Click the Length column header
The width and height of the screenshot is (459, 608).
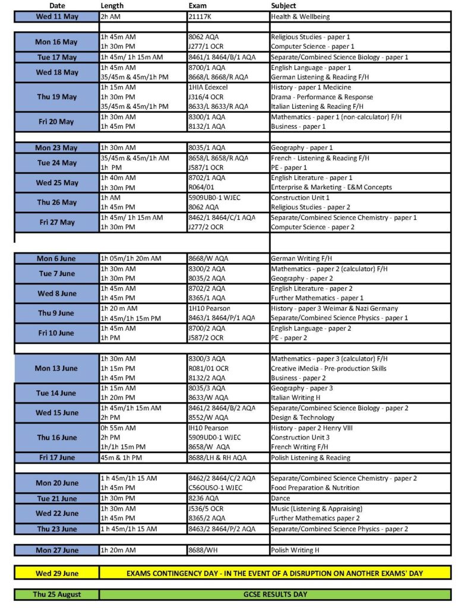(112, 5)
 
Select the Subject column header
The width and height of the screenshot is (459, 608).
(283, 5)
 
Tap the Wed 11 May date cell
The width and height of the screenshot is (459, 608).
(56, 17)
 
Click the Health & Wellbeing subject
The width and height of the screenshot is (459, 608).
(300, 17)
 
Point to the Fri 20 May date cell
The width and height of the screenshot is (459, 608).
(56, 122)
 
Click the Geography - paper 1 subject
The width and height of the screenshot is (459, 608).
(302, 148)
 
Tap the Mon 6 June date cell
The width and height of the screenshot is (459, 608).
(56, 258)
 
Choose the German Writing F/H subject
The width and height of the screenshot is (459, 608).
(299, 258)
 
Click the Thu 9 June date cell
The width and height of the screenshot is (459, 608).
(56, 313)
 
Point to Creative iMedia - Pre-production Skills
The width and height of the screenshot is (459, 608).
(328, 368)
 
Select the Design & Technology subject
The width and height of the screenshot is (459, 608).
(302, 417)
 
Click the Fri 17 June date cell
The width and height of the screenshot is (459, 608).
(56, 457)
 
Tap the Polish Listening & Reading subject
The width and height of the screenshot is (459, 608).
(310, 457)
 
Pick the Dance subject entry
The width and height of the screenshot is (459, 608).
(280, 498)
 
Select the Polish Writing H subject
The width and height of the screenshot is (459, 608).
(295, 550)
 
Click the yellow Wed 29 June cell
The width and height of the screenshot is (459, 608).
(56, 573)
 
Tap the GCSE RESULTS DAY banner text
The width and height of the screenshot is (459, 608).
(274, 594)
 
